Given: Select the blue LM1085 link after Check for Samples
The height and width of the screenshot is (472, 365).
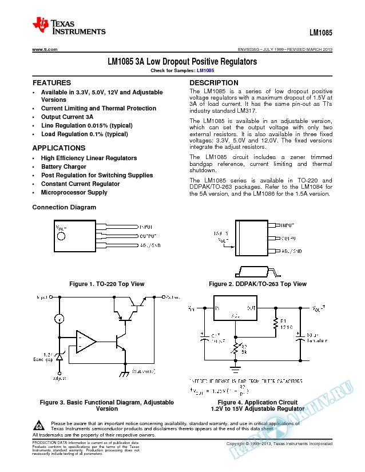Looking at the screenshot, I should click(205, 70).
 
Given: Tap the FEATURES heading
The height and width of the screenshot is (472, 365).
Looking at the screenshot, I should click(51, 83).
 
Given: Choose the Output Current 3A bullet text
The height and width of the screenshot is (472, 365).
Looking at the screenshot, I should click(67, 117).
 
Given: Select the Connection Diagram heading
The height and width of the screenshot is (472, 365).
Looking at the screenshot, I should click(64, 207).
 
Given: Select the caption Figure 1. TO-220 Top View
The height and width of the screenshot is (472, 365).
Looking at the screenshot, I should click(106, 284).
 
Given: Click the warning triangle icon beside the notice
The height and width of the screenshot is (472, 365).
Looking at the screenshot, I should click(39, 425).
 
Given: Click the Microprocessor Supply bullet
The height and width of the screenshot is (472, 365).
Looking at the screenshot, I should click(74, 193).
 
